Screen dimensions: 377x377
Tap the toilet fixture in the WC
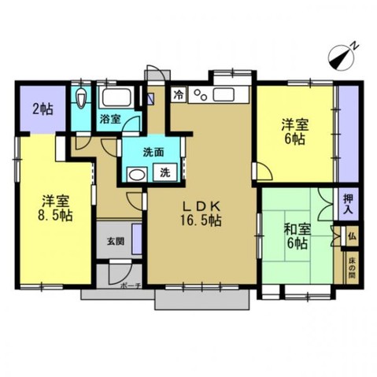[81, 98]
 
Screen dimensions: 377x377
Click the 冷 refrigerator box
[179, 94]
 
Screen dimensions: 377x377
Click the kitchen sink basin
[224, 94]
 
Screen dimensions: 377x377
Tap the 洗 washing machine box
[165, 172]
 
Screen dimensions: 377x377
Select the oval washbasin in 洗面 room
[137, 174]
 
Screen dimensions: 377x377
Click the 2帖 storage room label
[43, 109]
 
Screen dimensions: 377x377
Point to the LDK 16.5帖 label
[201, 213]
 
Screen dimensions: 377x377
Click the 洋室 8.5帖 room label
[55, 209]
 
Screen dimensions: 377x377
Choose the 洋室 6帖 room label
[295, 131]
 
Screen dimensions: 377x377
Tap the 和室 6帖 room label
[298, 236]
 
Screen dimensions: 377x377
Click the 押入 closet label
[348, 204]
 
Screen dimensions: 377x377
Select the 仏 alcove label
[352, 236]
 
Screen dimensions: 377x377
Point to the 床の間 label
[352, 268]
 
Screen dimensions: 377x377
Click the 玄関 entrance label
[116, 241]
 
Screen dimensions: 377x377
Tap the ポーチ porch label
[131, 286]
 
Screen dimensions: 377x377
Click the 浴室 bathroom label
[110, 120]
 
